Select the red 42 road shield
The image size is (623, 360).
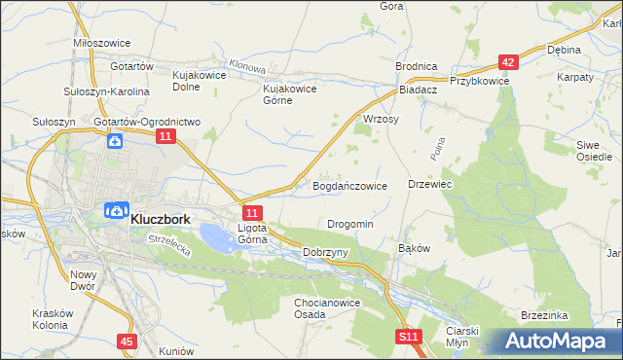pyautogui.click(x=507, y=61)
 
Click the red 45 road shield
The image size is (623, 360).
pyautogui.click(x=127, y=342)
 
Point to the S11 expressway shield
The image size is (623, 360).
pyautogui.click(x=409, y=337)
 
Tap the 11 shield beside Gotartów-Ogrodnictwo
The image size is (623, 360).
pyautogui.click(x=165, y=139)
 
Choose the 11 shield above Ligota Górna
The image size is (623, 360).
pyautogui.click(x=251, y=212)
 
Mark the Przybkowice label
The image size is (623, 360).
pyautogui.click(x=480, y=82)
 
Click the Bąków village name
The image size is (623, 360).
pyautogui.click(x=414, y=248)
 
